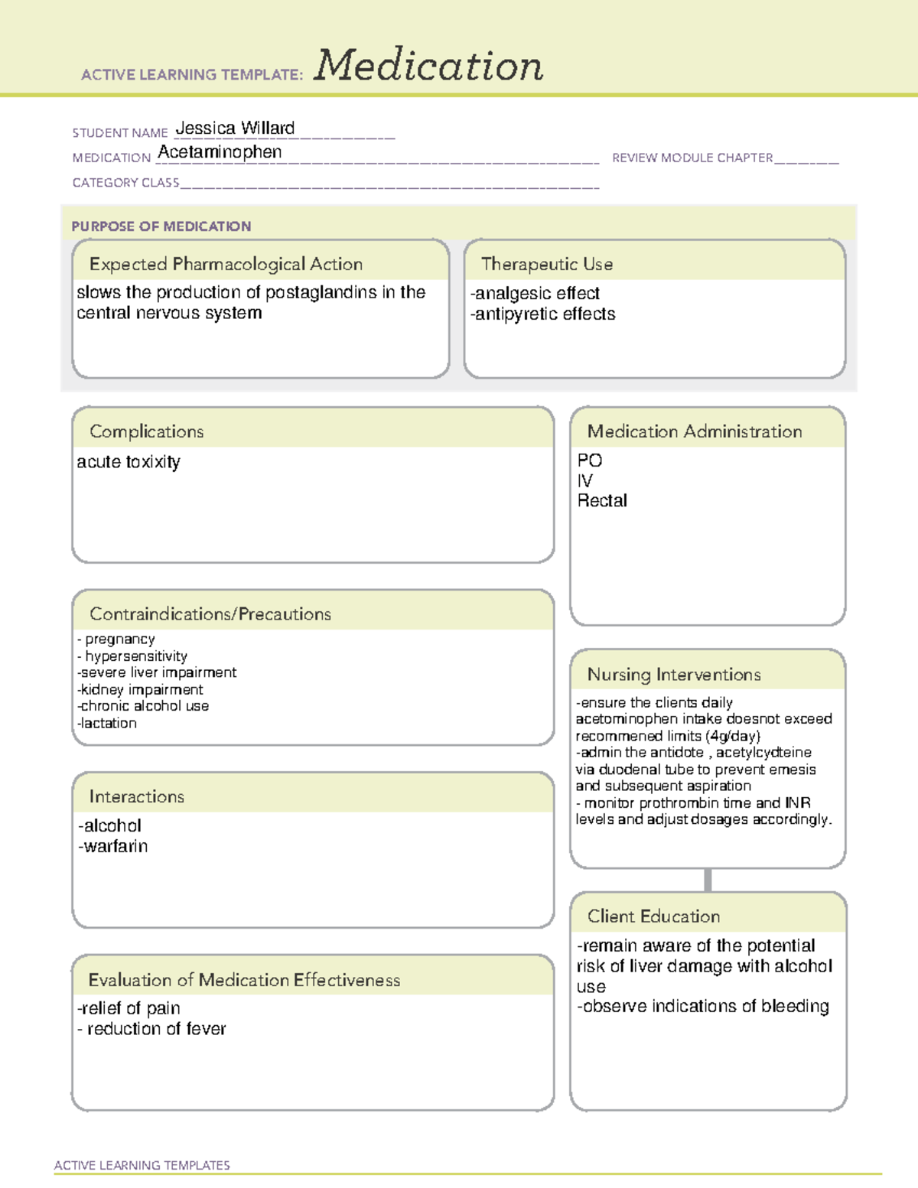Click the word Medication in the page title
click(428, 66)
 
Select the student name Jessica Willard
click(235, 129)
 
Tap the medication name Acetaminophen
click(220, 152)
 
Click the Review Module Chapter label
click(692, 158)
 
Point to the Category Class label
click(125, 183)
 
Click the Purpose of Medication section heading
click(161, 226)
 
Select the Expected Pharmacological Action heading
click(226, 264)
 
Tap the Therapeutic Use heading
click(546, 264)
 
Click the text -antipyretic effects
click(542, 314)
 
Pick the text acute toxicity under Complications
click(129, 462)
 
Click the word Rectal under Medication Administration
click(602, 501)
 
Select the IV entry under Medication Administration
click(584, 481)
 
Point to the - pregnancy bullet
click(116, 640)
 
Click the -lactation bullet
click(107, 724)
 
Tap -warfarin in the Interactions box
click(113, 847)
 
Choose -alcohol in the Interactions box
click(110, 826)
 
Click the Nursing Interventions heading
click(673, 675)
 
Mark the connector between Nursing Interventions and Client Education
click(708, 880)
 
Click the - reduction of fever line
click(152, 1030)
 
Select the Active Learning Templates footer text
click(142, 1165)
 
